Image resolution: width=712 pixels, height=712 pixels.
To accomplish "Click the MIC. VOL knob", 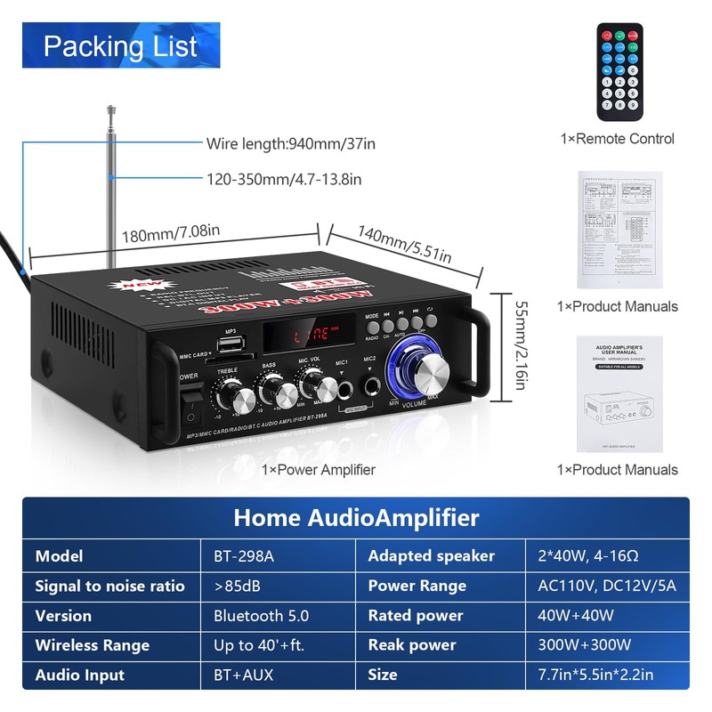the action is click(x=312, y=384).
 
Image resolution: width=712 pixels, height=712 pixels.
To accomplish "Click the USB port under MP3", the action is click(x=231, y=345).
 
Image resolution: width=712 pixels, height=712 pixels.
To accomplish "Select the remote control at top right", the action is click(x=619, y=72).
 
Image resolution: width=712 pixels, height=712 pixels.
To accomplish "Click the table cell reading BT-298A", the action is click(x=244, y=556).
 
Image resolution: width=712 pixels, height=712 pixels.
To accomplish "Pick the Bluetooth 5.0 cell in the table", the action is click(x=261, y=616).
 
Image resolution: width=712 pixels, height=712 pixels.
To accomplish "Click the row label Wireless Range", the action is click(x=93, y=645).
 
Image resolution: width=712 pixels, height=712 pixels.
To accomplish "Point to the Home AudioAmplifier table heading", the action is click(x=356, y=518).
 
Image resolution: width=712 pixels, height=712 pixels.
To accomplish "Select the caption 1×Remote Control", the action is click(x=618, y=139).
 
